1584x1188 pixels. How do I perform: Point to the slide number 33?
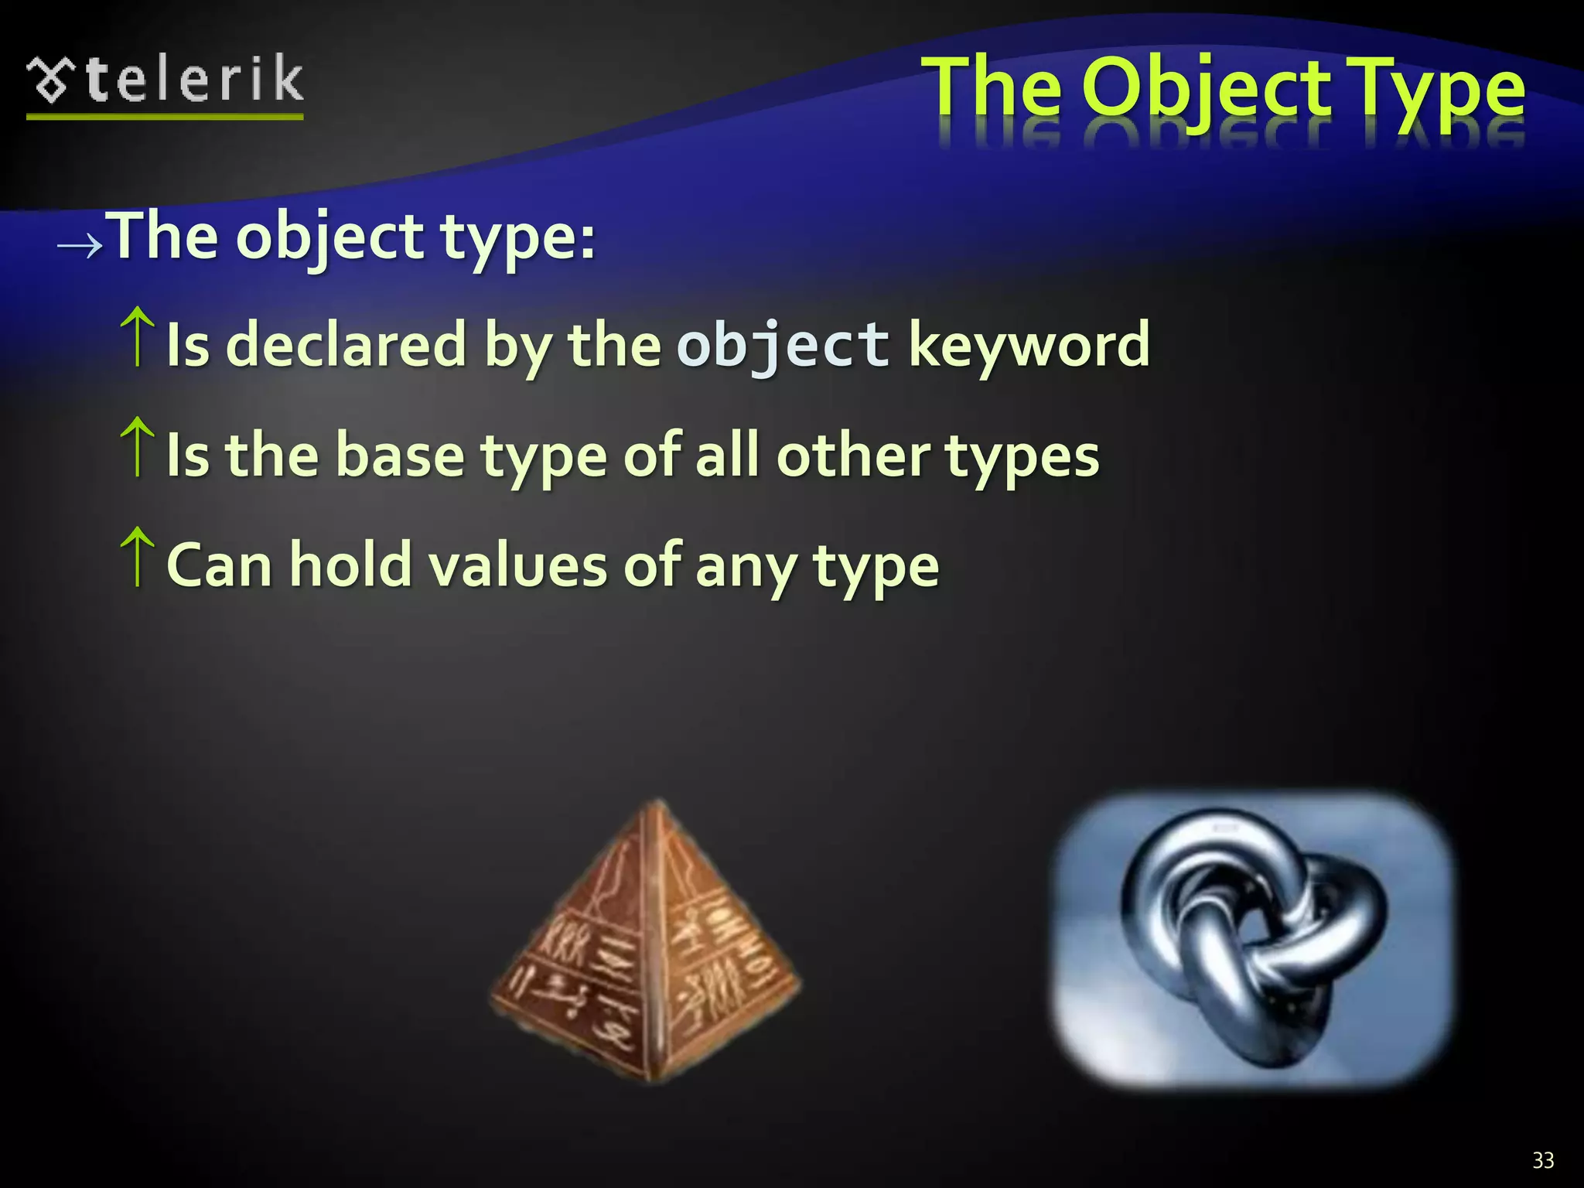click(x=1543, y=1160)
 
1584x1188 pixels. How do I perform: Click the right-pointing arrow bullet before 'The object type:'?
click(x=80, y=245)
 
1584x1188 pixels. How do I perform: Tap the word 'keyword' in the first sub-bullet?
click(x=1029, y=346)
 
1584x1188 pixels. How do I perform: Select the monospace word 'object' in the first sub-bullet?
click(x=783, y=346)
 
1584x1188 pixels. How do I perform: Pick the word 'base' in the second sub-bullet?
click(x=400, y=456)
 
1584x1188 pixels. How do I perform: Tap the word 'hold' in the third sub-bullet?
click(x=350, y=565)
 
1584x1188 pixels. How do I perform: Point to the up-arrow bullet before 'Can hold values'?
click(x=138, y=556)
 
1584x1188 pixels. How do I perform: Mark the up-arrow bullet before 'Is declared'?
click(x=138, y=336)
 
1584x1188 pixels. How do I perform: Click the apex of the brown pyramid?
click(x=657, y=804)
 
